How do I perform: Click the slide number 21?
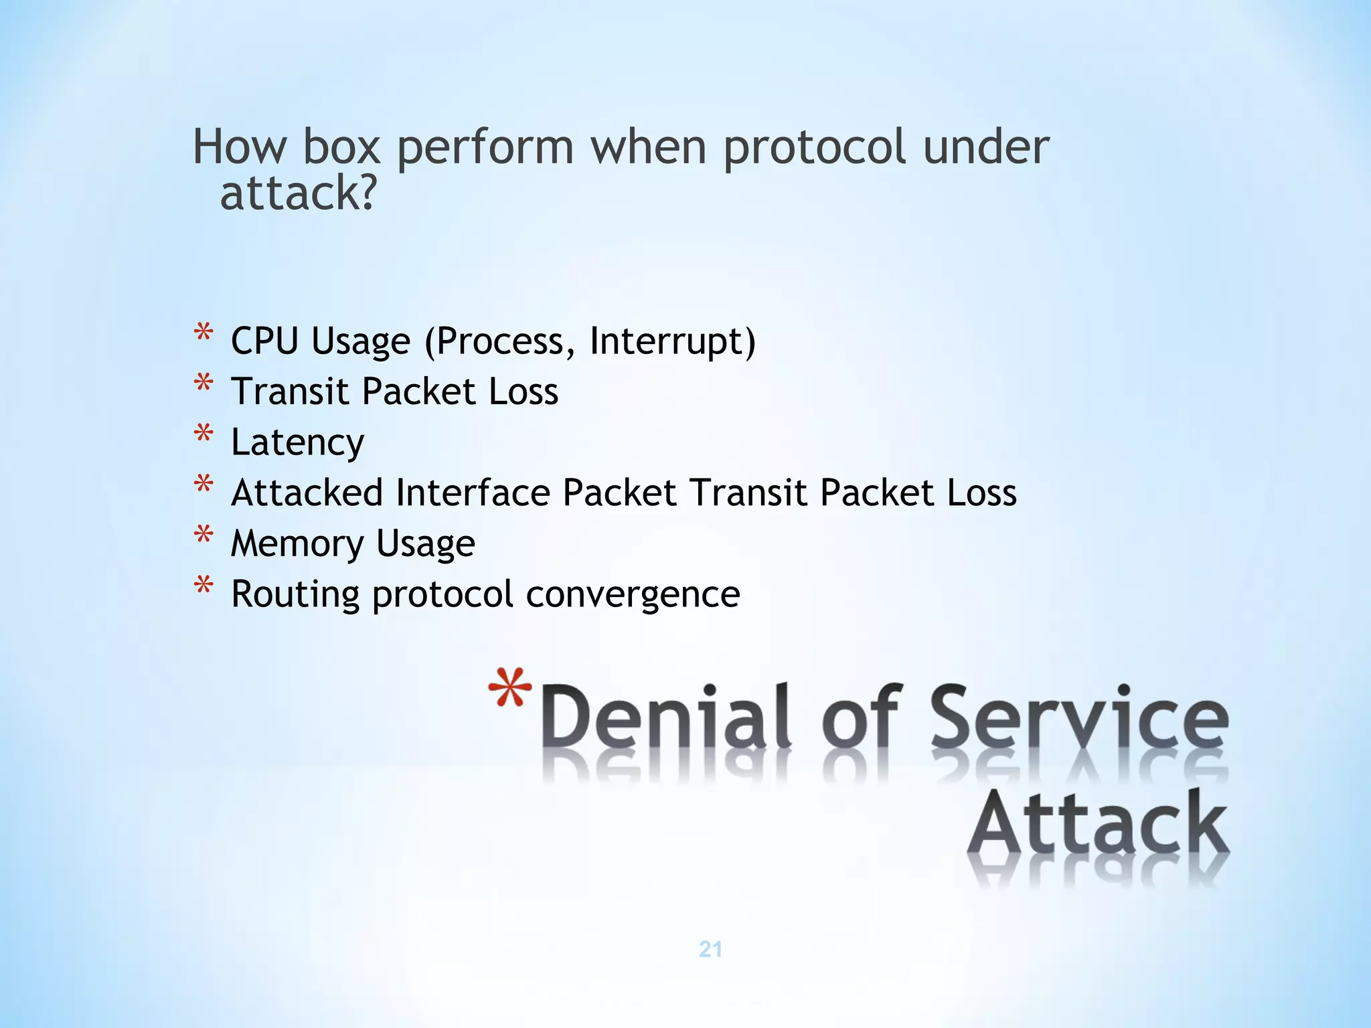[x=710, y=949]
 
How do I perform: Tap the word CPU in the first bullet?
[x=264, y=341]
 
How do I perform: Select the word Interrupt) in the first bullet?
[x=672, y=341]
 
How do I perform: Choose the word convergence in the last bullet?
[x=633, y=594]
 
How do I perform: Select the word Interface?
[x=473, y=493]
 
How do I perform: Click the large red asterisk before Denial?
[x=510, y=689]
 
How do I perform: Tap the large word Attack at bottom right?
[x=1097, y=823]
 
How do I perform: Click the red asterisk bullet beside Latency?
[x=204, y=435]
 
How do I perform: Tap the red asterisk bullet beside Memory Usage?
[x=204, y=536]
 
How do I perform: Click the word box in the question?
[x=341, y=147]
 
